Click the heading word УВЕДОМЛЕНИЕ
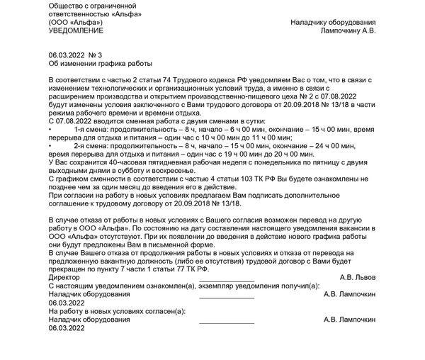tap(76, 31)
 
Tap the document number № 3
tap(96, 55)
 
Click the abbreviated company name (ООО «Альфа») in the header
tap(75, 23)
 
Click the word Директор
tap(64, 276)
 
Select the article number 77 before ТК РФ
tap(156, 269)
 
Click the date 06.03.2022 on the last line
tap(66, 328)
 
